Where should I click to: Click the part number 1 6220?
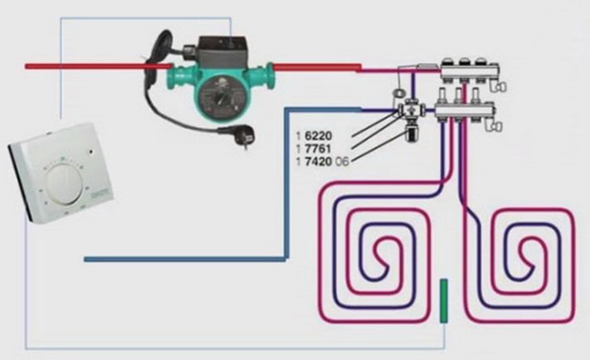pyautogui.click(x=319, y=134)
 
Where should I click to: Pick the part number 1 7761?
pyautogui.click(x=319, y=147)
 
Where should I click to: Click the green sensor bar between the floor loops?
pyautogui.click(x=444, y=300)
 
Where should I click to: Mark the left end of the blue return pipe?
pyautogui.click(x=87, y=260)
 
